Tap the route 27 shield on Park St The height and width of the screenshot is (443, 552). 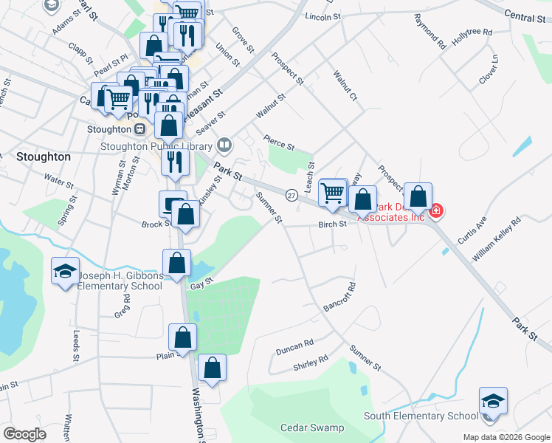291,195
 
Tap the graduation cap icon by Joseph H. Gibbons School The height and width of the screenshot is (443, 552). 65,271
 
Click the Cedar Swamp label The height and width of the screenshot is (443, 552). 312,427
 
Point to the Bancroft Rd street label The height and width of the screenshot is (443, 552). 340,297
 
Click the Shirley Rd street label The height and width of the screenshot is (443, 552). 311,363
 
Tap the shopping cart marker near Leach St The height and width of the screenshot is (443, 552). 333,193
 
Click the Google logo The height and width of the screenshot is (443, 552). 24,434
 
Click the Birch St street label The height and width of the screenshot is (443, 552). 332,224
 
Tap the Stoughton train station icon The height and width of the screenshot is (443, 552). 139,128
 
